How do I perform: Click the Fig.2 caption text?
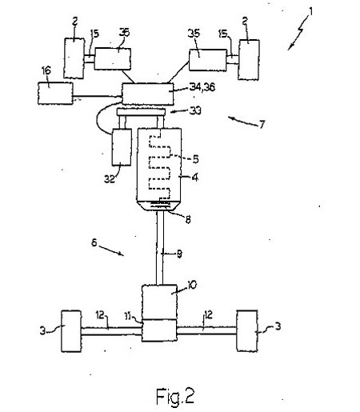[x=175, y=396]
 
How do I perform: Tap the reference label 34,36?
[x=202, y=87]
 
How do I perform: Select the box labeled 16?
[x=55, y=93]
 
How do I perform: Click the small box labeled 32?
[x=122, y=147]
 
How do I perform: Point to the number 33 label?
[x=195, y=110]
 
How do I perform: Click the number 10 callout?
[x=192, y=285]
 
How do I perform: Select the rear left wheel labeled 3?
[x=71, y=331]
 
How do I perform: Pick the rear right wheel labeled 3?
[x=247, y=330]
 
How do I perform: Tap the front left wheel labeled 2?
[x=74, y=58]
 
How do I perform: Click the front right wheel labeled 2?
[x=249, y=59]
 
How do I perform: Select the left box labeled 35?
[x=113, y=59]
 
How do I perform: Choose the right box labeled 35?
[x=208, y=60]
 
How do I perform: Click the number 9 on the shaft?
[x=179, y=254]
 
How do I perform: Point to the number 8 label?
[x=188, y=219]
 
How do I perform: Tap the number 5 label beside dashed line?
[x=196, y=159]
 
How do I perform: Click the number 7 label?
[x=262, y=124]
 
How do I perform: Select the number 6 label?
[x=94, y=242]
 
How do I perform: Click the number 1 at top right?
[x=310, y=12]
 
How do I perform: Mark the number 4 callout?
[x=195, y=177]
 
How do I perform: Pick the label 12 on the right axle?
[x=208, y=315]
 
